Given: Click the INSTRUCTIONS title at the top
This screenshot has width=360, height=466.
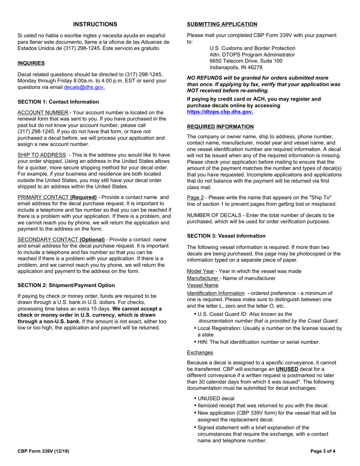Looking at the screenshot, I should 95,24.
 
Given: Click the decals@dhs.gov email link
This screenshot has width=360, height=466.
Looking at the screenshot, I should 84,87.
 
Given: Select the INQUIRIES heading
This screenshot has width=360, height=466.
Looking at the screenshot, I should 31,63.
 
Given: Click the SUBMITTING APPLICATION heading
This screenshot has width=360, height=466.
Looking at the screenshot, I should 222,24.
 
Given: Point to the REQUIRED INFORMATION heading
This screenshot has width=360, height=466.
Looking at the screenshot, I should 220,127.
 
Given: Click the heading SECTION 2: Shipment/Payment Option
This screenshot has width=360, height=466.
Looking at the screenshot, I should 66,285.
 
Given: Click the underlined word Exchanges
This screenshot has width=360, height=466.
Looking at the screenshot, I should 200,352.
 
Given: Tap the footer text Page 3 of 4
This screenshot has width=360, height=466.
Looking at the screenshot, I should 323,451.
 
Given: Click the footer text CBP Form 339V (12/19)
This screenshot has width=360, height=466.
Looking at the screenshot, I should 44,451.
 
